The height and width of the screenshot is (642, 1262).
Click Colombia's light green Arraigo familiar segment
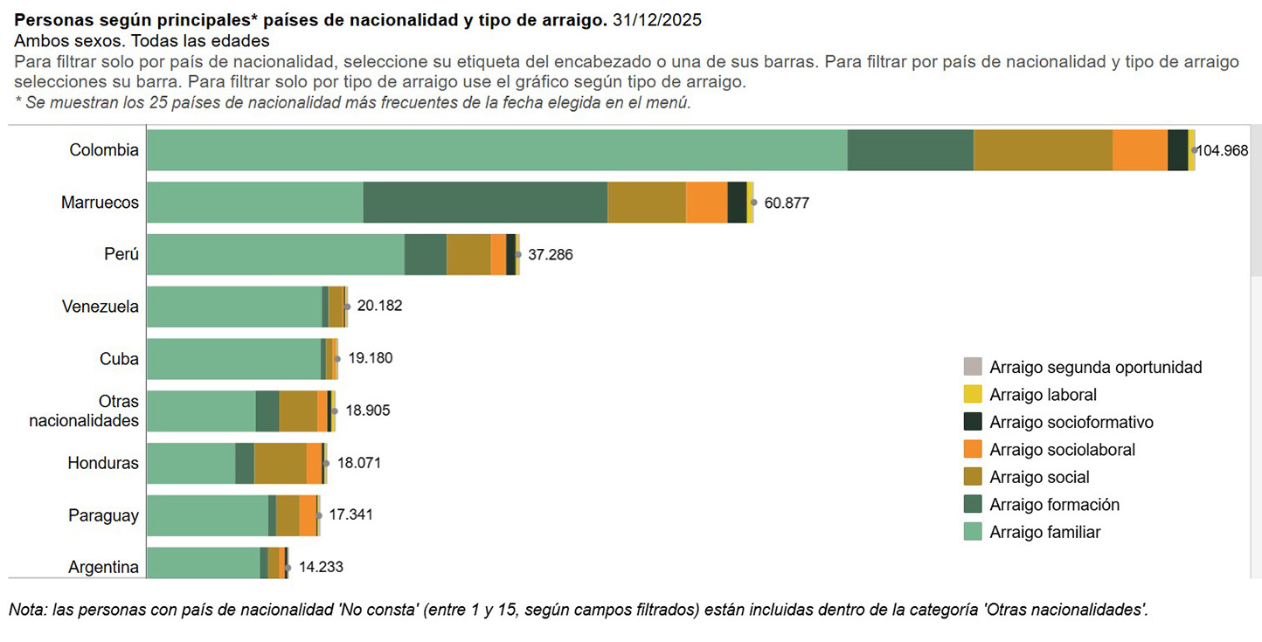point(496,150)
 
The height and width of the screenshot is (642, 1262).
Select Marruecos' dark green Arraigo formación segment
point(485,203)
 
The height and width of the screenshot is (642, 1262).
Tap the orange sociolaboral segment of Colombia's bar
point(1140,150)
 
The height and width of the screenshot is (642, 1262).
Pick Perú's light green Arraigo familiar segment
point(275,254)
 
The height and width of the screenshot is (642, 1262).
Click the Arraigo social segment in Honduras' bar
point(280,463)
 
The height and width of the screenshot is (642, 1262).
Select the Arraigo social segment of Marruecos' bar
point(647,203)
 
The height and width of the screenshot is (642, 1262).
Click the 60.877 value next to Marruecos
point(787,204)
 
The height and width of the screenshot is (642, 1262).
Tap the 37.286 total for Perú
point(551,255)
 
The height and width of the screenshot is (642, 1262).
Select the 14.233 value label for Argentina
point(321,567)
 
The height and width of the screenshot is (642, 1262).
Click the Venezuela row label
point(100,307)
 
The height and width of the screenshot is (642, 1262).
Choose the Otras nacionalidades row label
point(84,411)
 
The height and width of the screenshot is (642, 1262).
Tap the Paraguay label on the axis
point(103,515)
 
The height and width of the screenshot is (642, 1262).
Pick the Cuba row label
point(119,359)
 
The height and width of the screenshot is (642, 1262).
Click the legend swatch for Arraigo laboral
point(972,395)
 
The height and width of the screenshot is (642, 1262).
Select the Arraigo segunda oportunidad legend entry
point(1095,367)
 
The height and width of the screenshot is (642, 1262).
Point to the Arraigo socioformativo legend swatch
point(972,422)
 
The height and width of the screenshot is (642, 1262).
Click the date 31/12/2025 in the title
point(657,19)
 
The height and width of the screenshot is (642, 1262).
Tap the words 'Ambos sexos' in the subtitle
point(53,40)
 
